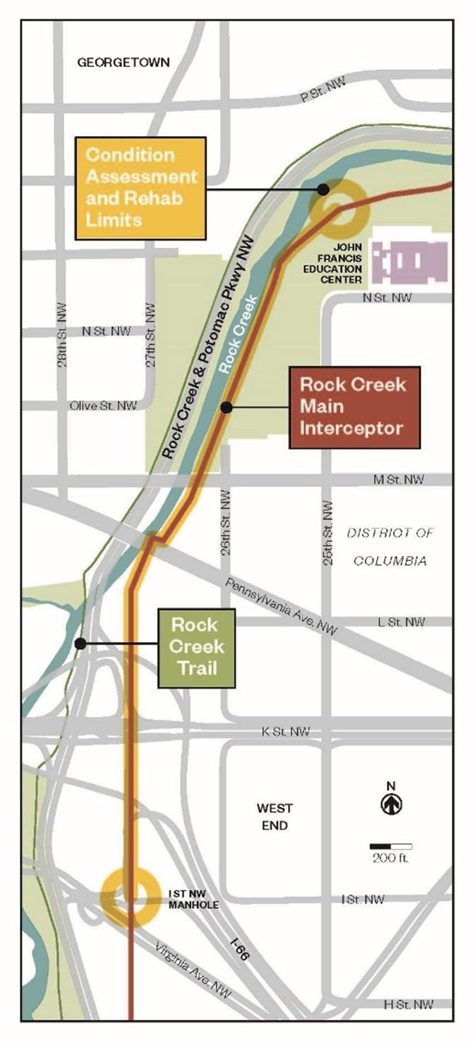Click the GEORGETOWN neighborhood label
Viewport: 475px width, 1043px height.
(x=123, y=62)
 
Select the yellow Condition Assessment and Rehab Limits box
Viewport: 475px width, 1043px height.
(x=140, y=188)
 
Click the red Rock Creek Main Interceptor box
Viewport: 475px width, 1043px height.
(x=354, y=407)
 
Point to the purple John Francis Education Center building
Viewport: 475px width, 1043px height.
(x=409, y=262)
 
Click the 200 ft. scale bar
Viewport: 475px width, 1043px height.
(x=391, y=846)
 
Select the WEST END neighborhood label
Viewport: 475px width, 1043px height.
(x=275, y=816)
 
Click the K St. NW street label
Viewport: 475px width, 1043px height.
(x=285, y=732)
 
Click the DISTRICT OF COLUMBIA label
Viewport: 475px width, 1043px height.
(x=390, y=547)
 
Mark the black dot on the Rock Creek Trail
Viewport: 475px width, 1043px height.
(x=80, y=644)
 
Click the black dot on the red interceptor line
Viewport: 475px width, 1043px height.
(x=226, y=407)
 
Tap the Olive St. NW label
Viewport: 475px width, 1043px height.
(x=103, y=406)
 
